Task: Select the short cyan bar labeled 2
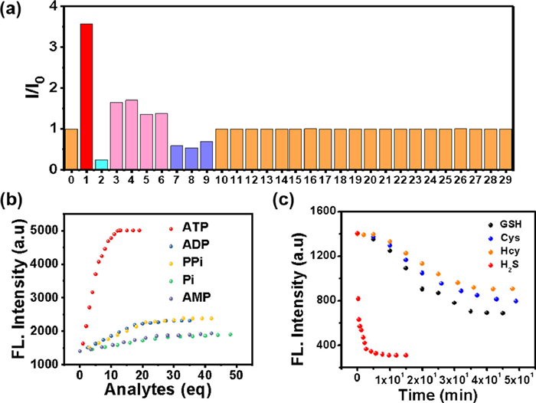101,164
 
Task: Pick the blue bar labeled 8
191,158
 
